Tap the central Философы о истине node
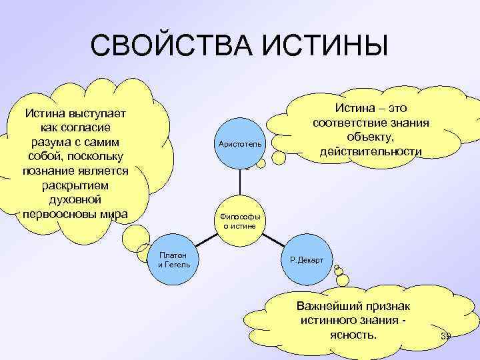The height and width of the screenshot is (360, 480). [241, 221]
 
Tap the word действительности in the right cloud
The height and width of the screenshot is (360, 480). [371, 152]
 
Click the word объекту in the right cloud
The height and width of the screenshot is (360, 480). [371, 137]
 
